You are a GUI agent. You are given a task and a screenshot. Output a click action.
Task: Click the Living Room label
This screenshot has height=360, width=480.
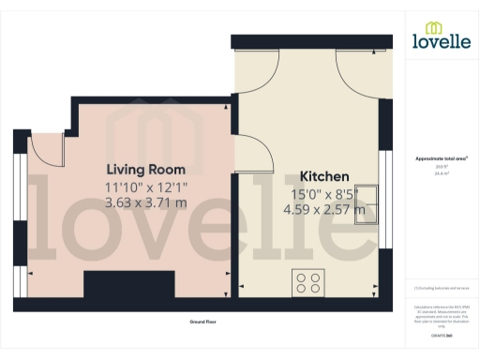click(x=145, y=170)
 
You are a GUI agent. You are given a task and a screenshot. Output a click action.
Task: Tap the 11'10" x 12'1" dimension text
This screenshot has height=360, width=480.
click(x=145, y=187)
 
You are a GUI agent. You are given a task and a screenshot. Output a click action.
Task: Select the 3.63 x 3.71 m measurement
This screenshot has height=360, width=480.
click(x=145, y=202)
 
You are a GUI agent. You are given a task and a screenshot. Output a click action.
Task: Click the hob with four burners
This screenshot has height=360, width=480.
click(x=308, y=281)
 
